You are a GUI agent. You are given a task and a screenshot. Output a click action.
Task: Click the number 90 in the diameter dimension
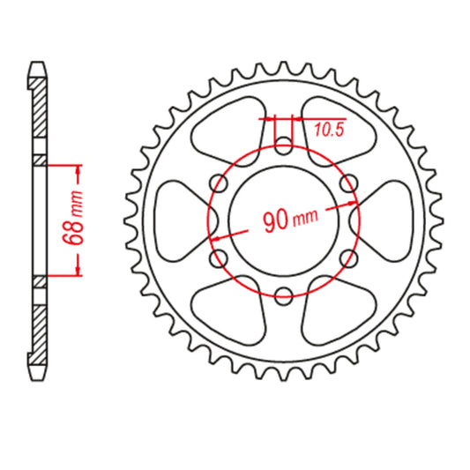275,220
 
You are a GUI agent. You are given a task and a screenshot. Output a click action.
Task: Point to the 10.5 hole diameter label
327,131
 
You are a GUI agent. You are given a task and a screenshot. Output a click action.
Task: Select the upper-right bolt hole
350,183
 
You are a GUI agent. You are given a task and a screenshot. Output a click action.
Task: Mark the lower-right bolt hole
350,258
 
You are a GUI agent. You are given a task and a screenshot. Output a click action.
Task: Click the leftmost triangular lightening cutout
176,220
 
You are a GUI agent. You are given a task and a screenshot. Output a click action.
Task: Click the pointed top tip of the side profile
38,63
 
